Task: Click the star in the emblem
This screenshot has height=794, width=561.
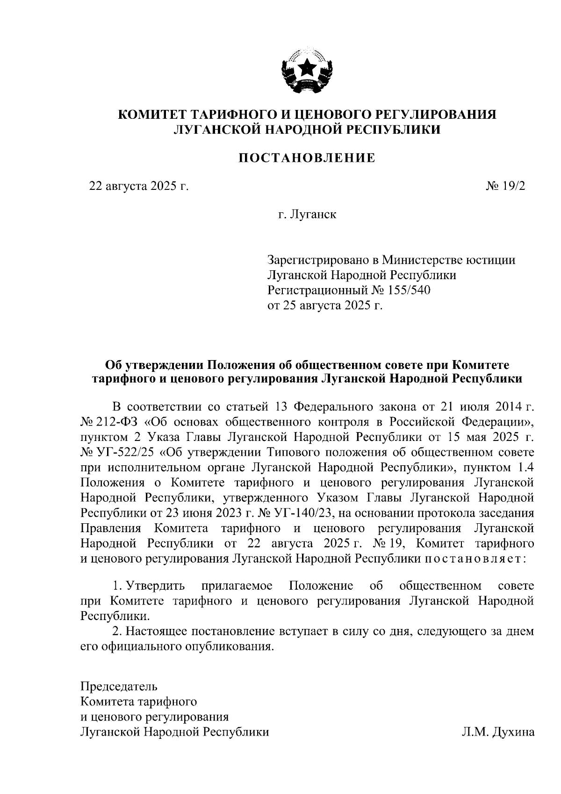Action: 307,69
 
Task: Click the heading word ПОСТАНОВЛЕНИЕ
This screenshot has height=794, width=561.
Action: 307,158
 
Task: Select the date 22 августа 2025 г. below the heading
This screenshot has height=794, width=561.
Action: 139,187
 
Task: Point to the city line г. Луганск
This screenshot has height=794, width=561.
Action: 307,215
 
